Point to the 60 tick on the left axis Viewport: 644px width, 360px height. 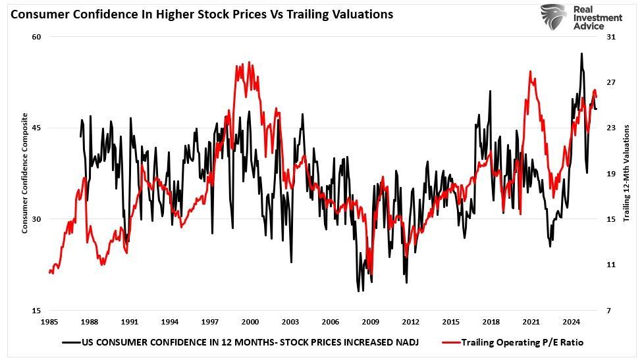(37, 37)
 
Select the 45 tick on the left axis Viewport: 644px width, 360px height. (37, 128)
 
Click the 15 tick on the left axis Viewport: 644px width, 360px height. (37, 311)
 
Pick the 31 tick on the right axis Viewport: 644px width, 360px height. (611, 37)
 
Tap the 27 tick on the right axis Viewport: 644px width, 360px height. (611, 82)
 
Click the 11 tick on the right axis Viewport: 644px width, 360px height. (611, 265)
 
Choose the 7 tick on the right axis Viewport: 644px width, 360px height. (611, 311)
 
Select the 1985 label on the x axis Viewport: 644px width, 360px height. (49, 322)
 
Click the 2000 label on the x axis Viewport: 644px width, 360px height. (250, 322)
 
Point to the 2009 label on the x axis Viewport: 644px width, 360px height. (371, 322)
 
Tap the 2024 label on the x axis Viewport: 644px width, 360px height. (572, 322)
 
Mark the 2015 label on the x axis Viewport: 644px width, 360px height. (451, 322)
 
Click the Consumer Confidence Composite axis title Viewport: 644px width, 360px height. (25, 173)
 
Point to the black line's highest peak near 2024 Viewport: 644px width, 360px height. (581, 53)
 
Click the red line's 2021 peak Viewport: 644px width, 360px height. (531, 71)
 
